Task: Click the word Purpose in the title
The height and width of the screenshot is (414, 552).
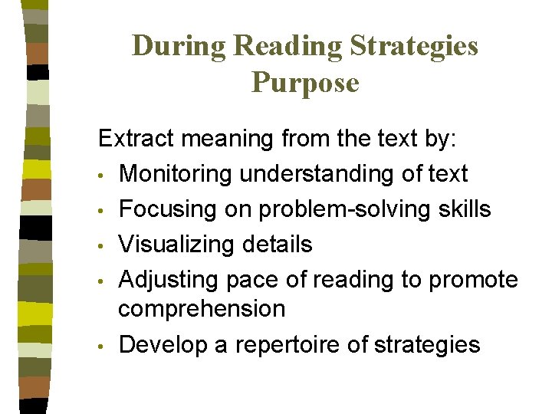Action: click(304, 82)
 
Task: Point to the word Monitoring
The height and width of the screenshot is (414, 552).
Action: click(176, 174)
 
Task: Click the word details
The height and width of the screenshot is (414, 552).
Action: click(277, 245)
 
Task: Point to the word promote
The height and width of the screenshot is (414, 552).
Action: click(473, 280)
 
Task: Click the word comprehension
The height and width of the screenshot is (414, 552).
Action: click(202, 309)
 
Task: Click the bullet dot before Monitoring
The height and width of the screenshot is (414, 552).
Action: click(101, 176)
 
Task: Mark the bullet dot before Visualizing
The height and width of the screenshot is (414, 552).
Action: click(101, 246)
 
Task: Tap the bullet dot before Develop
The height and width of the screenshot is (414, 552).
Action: click(101, 346)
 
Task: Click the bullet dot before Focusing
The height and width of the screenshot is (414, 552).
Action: click(101, 211)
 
